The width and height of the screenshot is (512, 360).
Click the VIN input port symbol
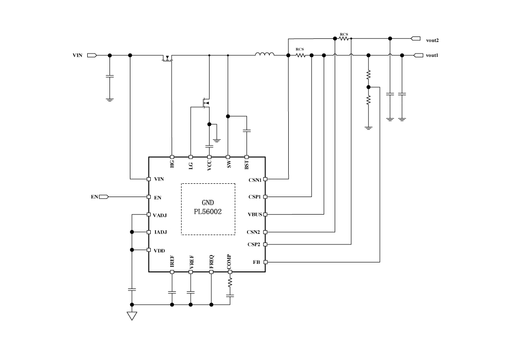point(92,55)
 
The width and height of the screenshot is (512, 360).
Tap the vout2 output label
point(432,41)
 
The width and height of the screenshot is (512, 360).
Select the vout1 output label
point(432,55)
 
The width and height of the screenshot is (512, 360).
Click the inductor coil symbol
point(265,54)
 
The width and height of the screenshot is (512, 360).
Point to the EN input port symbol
point(104,197)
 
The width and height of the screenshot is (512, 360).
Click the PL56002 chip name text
point(208,212)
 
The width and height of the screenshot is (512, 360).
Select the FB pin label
point(256,261)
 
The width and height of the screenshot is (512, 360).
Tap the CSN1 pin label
point(255,180)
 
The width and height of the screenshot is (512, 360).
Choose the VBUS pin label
point(255,215)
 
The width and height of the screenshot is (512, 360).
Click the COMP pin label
point(229,262)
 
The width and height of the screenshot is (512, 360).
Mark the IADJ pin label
point(160,232)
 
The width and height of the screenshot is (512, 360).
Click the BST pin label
point(247,164)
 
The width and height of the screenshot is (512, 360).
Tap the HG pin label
point(172,163)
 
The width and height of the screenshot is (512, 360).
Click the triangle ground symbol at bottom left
point(132,315)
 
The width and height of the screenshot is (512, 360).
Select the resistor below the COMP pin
point(230,282)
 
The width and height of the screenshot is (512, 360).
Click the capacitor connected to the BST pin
point(247,130)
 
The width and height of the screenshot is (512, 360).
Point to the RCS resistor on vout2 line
point(344,39)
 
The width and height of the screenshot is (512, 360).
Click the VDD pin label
point(159,251)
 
